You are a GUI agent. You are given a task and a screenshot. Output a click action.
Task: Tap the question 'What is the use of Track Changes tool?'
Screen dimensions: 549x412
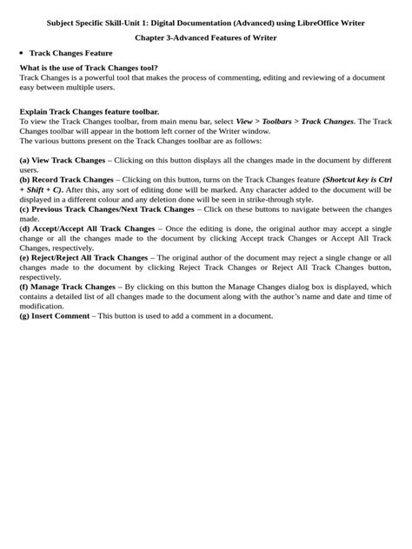click(90, 68)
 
